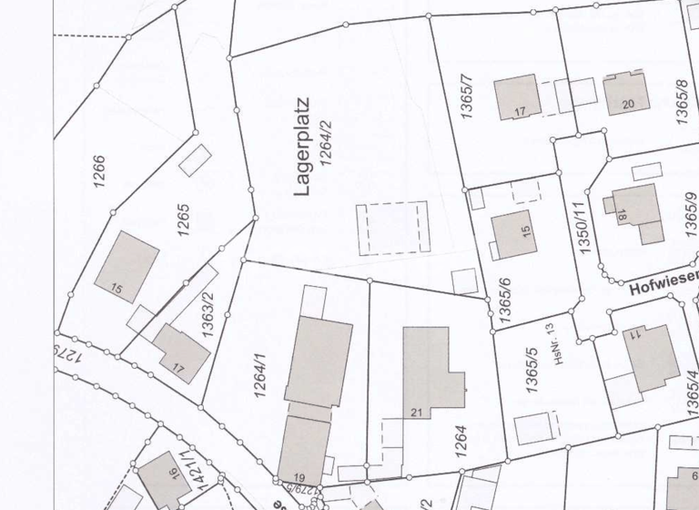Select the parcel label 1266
pos(99,171)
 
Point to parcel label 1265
pos(183,219)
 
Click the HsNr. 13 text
pos(549,342)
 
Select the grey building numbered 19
pos(304,448)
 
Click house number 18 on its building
pos(621,216)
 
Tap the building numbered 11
pos(649,354)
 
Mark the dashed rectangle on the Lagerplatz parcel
pos(392,228)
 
